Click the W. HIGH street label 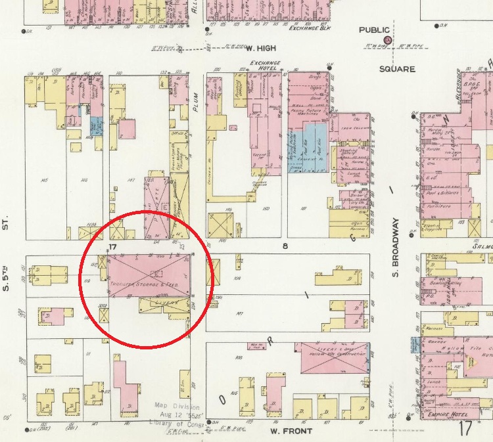[x=260, y=47]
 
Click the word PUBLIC [x=374, y=30]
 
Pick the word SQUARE [x=397, y=68]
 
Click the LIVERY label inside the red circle [x=162, y=304]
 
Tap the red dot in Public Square [x=388, y=41]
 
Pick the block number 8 [x=285, y=246]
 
